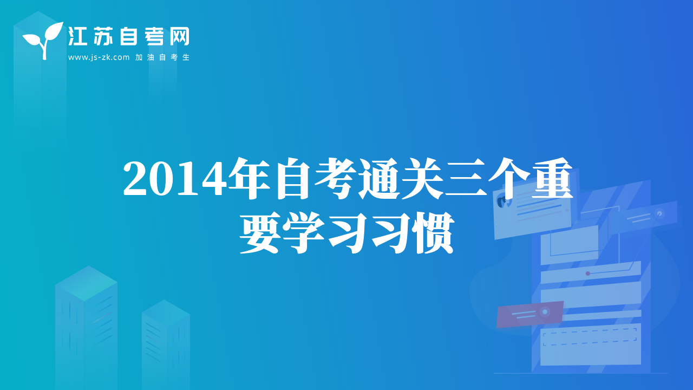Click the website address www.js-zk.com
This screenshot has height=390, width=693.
pos(99,57)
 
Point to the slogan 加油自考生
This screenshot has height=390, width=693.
pos(162,57)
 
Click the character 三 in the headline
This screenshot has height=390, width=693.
pos(466,179)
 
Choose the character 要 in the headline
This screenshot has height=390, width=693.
pos(260,233)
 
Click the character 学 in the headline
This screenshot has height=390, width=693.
pos(304,233)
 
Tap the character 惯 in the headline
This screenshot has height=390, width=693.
pos(434,233)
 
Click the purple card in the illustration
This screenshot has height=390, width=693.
pos(529,314)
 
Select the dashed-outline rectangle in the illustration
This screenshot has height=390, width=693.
pos(590,337)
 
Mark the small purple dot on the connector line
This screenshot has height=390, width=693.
pos(588,274)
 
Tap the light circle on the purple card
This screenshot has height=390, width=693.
pos(545,311)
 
